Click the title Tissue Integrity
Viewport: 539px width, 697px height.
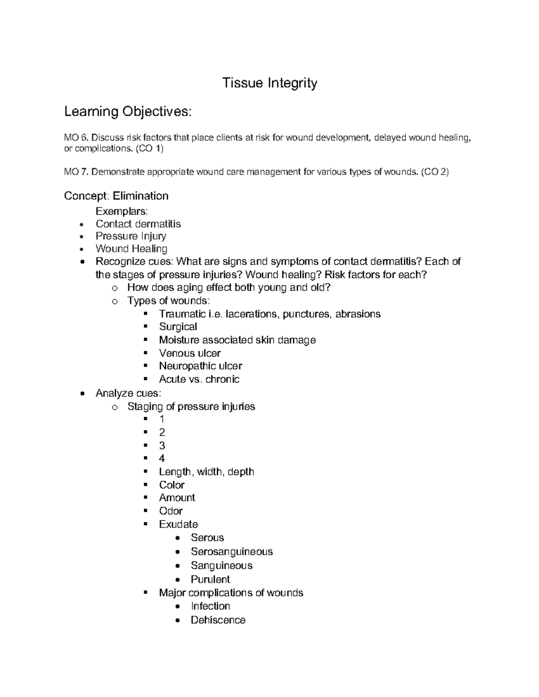(269, 83)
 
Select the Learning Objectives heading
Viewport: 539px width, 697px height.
(128, 111)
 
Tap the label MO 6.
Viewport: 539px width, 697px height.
(76, 138)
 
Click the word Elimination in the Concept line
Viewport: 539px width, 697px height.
(141, 196)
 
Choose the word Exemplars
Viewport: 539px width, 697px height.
(121, 211)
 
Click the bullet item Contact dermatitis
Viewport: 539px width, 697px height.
(138, 224)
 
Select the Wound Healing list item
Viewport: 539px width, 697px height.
(131, 249)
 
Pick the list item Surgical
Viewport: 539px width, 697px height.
(178, 327)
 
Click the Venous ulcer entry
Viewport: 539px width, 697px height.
(190, 353)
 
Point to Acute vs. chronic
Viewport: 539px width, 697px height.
(199, 379)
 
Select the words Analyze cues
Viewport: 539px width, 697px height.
(128, 393)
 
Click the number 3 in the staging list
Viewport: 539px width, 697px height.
(162, 445)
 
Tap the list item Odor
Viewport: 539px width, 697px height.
(171, 511)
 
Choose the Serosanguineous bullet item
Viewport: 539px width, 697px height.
(231, 552)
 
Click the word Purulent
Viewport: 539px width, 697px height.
(210, 579)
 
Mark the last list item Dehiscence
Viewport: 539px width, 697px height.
(218, 620)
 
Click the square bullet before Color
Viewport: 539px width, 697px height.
(145, 485)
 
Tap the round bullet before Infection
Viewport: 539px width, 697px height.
(179, 606)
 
